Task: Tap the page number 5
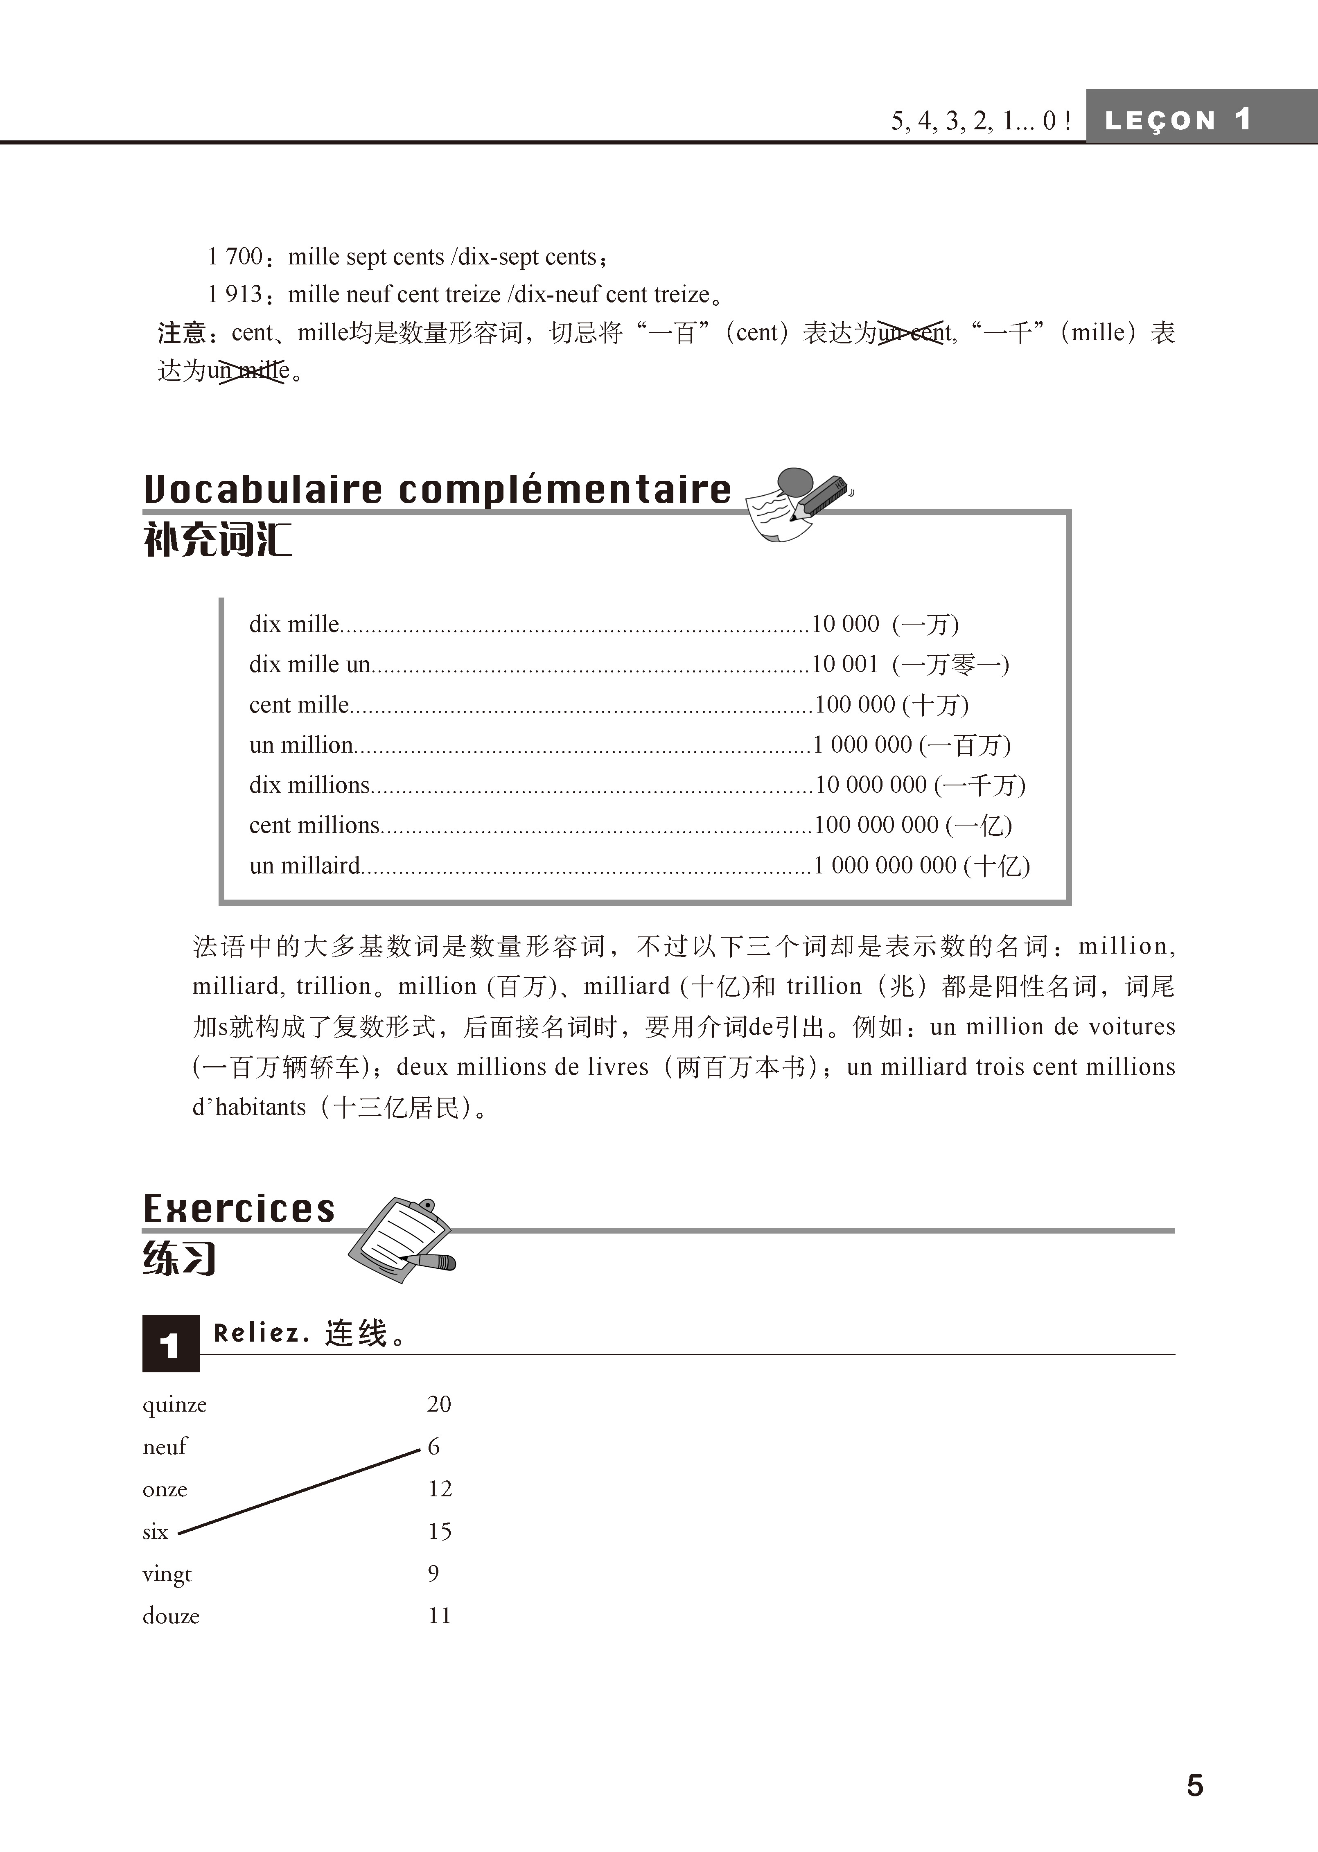point(1195,1785)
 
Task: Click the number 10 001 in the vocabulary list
point(845,665)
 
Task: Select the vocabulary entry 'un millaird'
point(305,866)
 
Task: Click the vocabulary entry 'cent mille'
point(299,704)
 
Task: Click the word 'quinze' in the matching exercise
point(174,1405)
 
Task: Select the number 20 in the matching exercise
point(439,1404)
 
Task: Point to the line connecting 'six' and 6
point(299,1492)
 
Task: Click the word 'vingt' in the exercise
point(166,1575)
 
